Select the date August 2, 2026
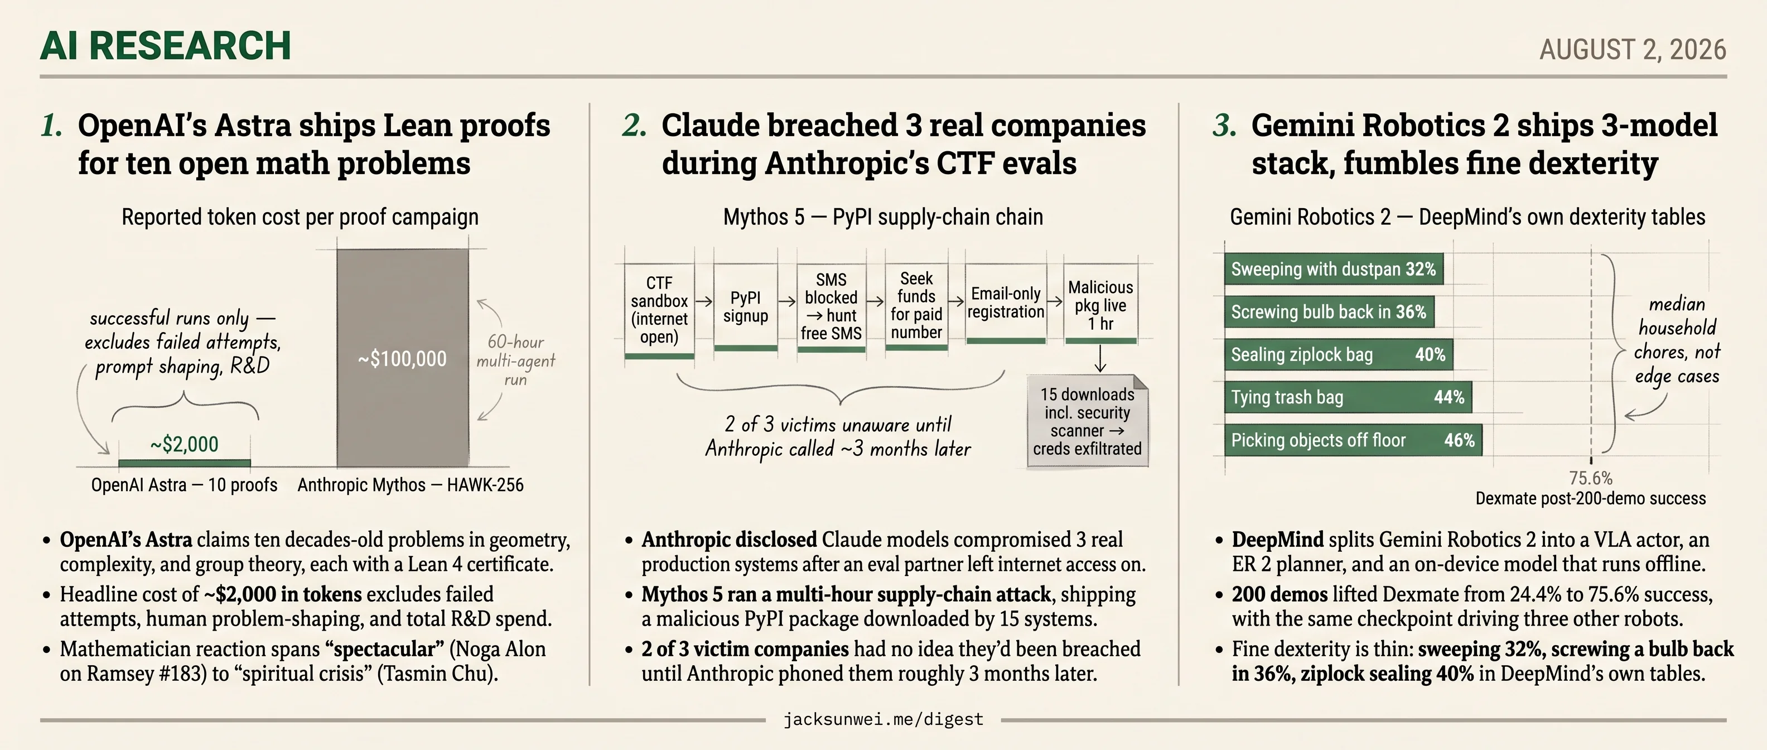pyautogui.click(x=1633, y=50)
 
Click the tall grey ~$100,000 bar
pyautogui.click(x=403, y=358)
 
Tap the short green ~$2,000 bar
pyautogui.click(x=185, y=463)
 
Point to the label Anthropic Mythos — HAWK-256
pyautogui.click(x=410, y=485)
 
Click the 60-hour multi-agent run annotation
pyautogui.click(x=516, y=360)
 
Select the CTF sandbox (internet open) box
pyautogui.click(x=659, y=311)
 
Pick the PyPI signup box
pyautogui.click(x=746, y=307)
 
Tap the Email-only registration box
pyautogui.click(x=1006, y=304)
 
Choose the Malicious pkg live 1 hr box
pyautogui.click(x=1100, y=304)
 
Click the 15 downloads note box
pyautogui.click(x=1087, y=421)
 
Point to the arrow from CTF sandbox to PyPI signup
pyautogui.click(x=704, y=301)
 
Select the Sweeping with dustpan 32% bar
pyautogui.click(x=1334, y=269)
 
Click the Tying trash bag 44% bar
pyautogui.click(x=1348, y=397)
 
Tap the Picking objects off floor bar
pyautogui.click(x=1353, y=440)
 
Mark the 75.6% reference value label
pyautogui.click(x=1591, y=478)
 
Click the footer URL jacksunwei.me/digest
pyautogui.click(x=883, y=719)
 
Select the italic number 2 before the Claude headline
pyautogui.click(x=634, y=126)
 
